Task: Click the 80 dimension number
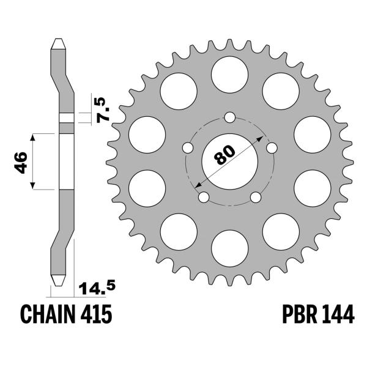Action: click(225, 155)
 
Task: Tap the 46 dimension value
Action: click(21, 163)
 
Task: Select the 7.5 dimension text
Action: click(103, 109)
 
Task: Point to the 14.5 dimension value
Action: click(97, 288)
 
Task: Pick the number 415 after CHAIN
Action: click(96, 314)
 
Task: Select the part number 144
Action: click(338, 314)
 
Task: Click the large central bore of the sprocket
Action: click(229, 161)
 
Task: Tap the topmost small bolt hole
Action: click(229, 117)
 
